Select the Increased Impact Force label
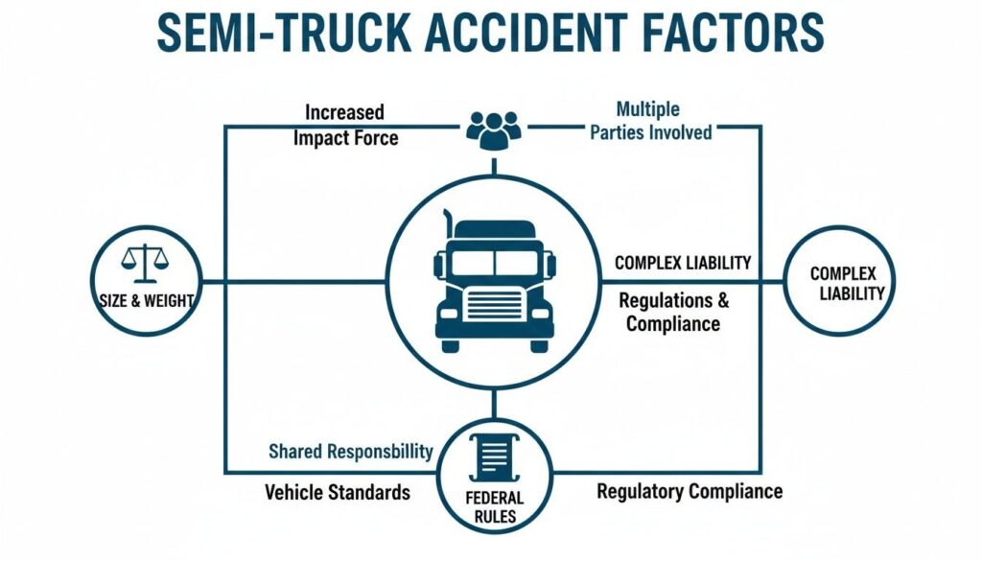pyautogui.click(x=345, y=125)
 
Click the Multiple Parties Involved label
pyautogui.click(x=651, y=121)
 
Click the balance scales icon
pyautogui.click(x=145, y=259)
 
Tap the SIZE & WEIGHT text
pyautogui.click(x=146, y=300)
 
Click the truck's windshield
pyautogui.click(x=493, y=262)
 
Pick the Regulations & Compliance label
pyautogui.click(x=673, y=312)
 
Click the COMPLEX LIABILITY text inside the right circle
pyautogui.click(x=845, y=284)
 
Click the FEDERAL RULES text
pyautogui.click(x=495, y=507)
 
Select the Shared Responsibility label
pyautogui.click(x=350, y=451)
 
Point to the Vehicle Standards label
pyautogui.click(x=338, y=493)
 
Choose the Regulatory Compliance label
pyautogui.click(x=690, y=492)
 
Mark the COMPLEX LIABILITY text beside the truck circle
pyautogui.click(x=682, y=263)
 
